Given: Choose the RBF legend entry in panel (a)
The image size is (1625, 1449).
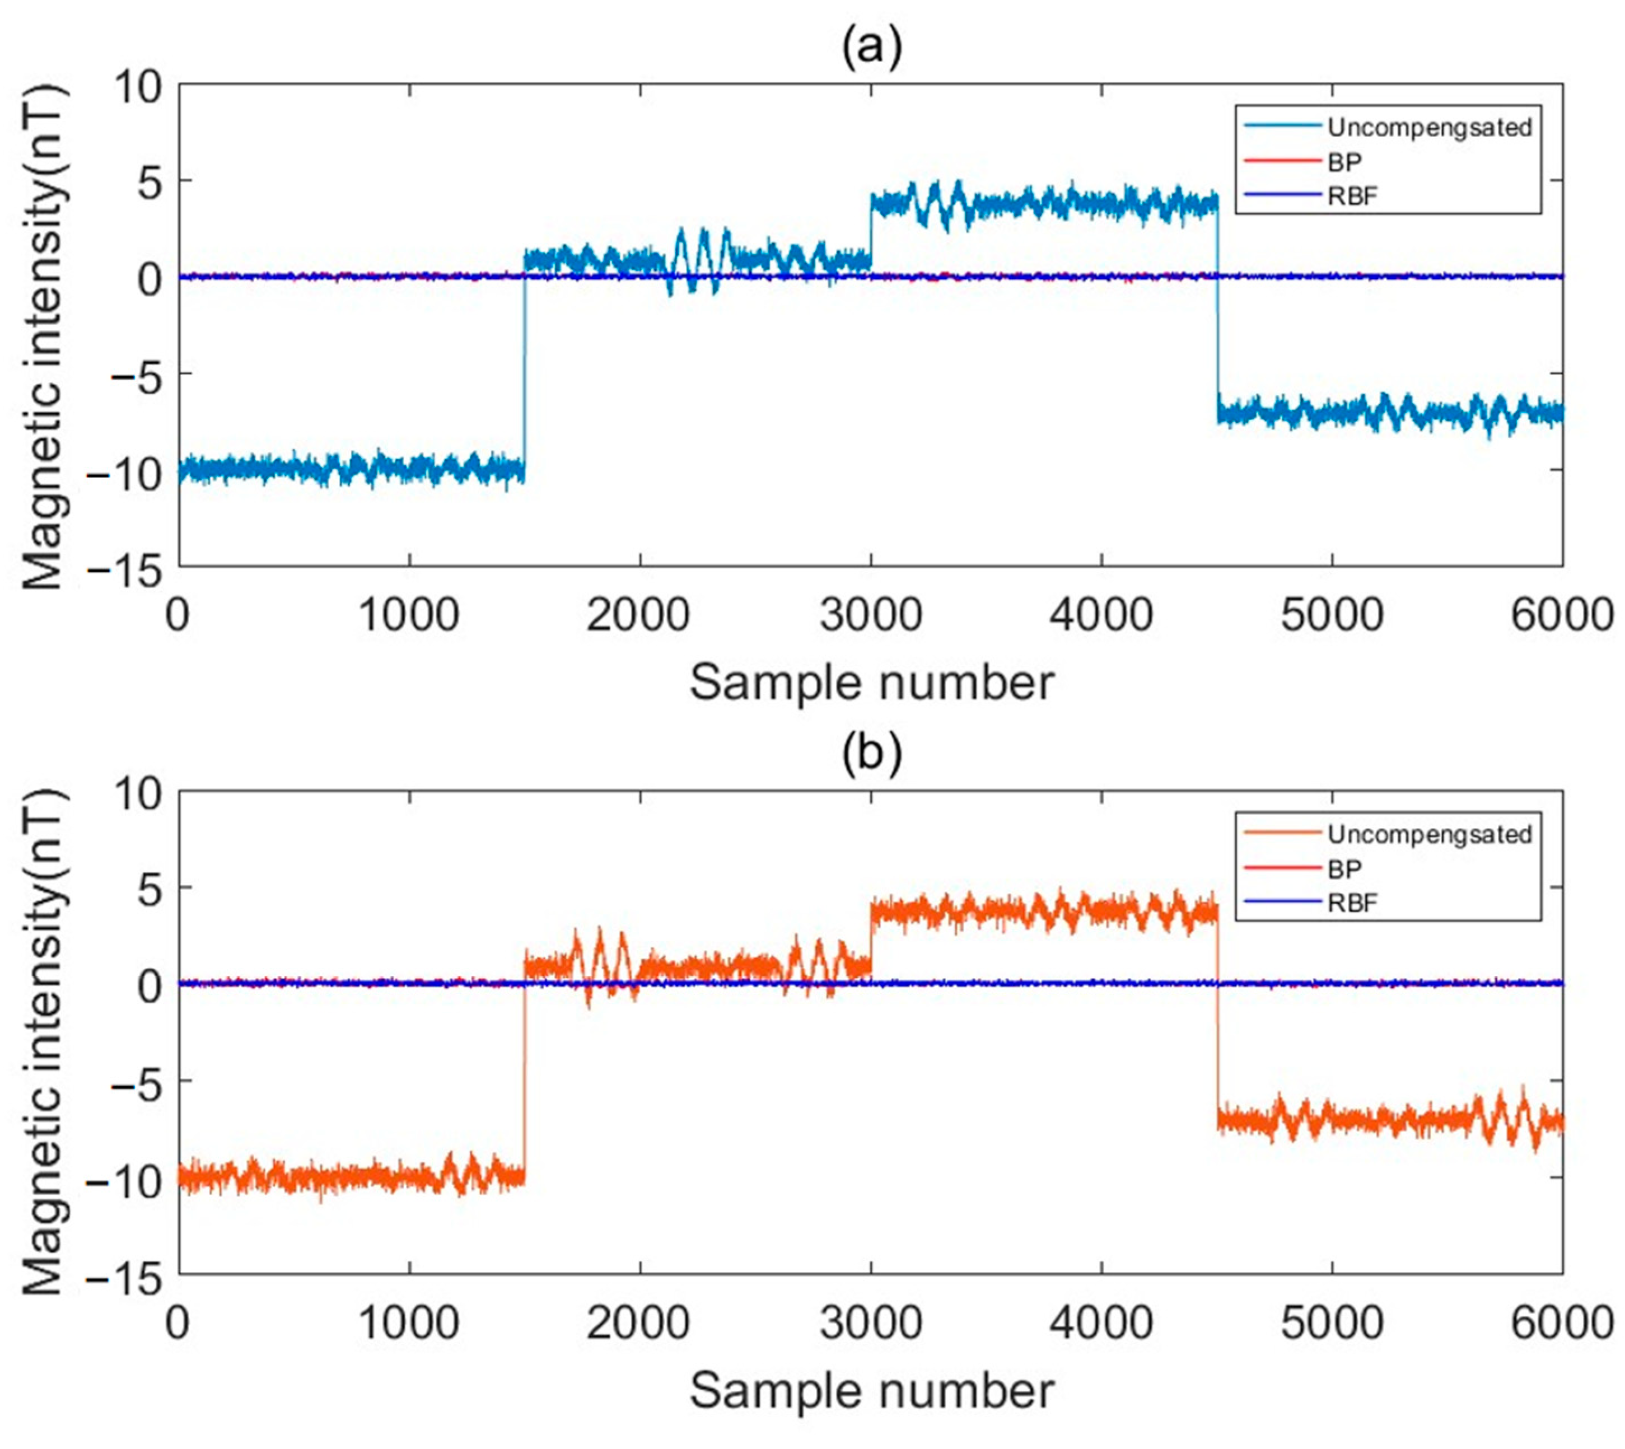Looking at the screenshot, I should click(1352, 196).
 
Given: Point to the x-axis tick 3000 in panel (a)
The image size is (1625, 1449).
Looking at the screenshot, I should click(871, 615).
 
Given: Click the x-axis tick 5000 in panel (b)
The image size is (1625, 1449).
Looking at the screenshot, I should click(1332, 1322).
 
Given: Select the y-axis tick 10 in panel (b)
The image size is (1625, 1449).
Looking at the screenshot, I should click(142, 792).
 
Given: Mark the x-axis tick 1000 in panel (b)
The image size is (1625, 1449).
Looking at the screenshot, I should click(409, 1322).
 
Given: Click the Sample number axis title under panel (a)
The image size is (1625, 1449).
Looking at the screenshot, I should click(871, 683).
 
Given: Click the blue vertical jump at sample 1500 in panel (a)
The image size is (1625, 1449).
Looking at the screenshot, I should click(524, 374).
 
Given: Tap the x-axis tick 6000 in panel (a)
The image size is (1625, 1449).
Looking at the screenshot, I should click(1561, 615).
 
